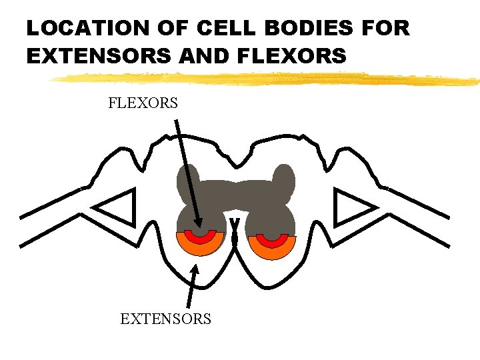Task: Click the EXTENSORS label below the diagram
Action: click(x=165, y=319)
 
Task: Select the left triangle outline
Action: click(x=119, y=207)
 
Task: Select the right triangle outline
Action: click(x=351, y=207)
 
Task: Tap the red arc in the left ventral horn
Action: click(x=200, y=237)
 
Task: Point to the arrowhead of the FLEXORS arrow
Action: click(x=198, y=225)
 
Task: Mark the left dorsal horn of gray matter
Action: click(x=188, y=180)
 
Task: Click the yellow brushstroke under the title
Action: click(x=267, y=79)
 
